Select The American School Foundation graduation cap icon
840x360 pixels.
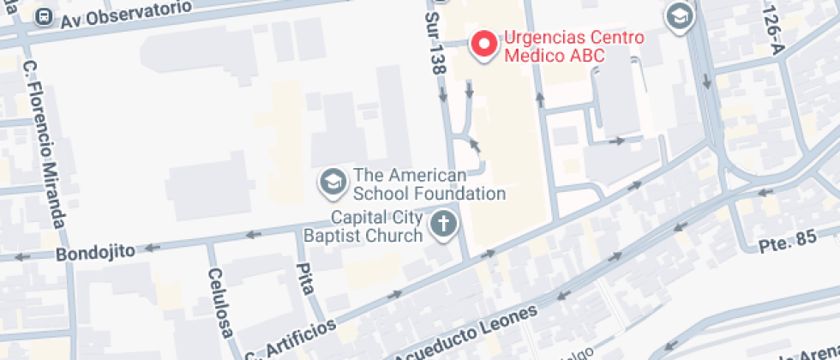[331, 181]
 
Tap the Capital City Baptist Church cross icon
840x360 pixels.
[443, 225]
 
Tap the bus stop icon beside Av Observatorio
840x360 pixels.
[45, 17]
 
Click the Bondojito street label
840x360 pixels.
[95, 253]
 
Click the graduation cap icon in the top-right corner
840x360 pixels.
[680, 15]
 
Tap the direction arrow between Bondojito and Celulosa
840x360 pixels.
[153, 248]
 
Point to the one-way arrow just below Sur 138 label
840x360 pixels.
[443, 99]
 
